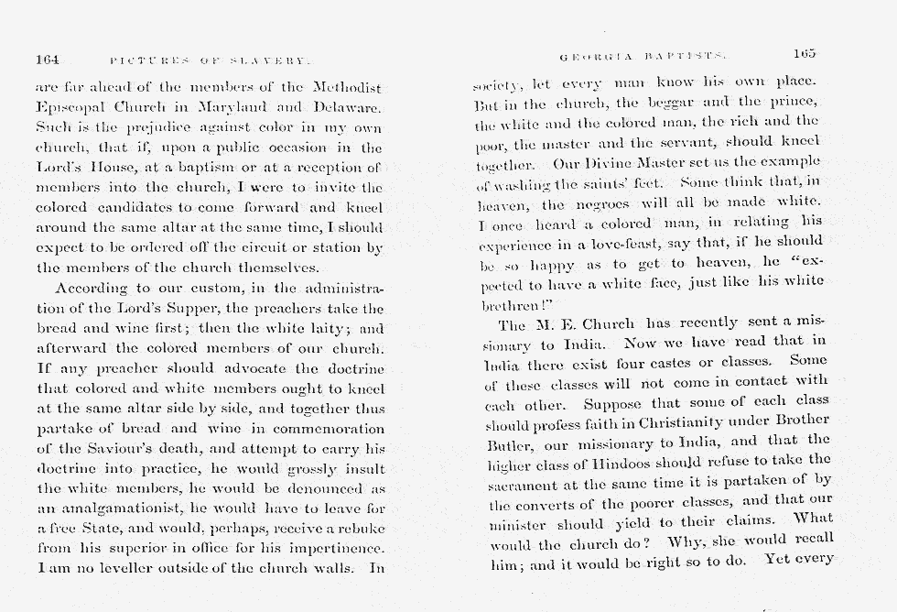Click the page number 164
(x=48, y=60)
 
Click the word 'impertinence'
(x=334, y=548)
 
